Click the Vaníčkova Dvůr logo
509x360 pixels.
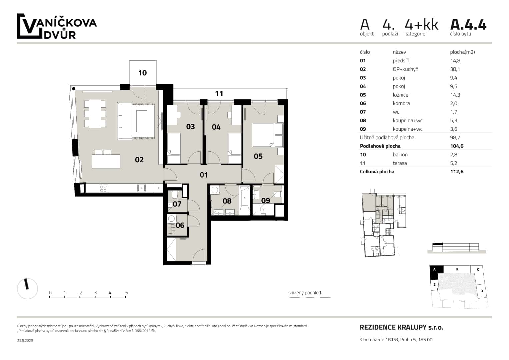57,27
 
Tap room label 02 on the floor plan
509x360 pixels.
139,160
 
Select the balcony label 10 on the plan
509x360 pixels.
142,73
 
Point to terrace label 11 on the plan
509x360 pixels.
219,94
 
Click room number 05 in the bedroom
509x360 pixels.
258,156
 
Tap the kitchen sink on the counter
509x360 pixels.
141,188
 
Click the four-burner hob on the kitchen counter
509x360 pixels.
103,188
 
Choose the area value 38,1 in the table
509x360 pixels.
455,69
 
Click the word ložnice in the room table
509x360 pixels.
400,95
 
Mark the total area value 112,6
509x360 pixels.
457,172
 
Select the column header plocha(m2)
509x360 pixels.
462,52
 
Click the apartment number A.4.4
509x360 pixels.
468,25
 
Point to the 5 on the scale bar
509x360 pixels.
126,293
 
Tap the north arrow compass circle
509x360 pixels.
27,288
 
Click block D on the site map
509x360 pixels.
482,291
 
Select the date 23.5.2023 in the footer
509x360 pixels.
25,340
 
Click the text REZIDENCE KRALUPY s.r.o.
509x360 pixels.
401,327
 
